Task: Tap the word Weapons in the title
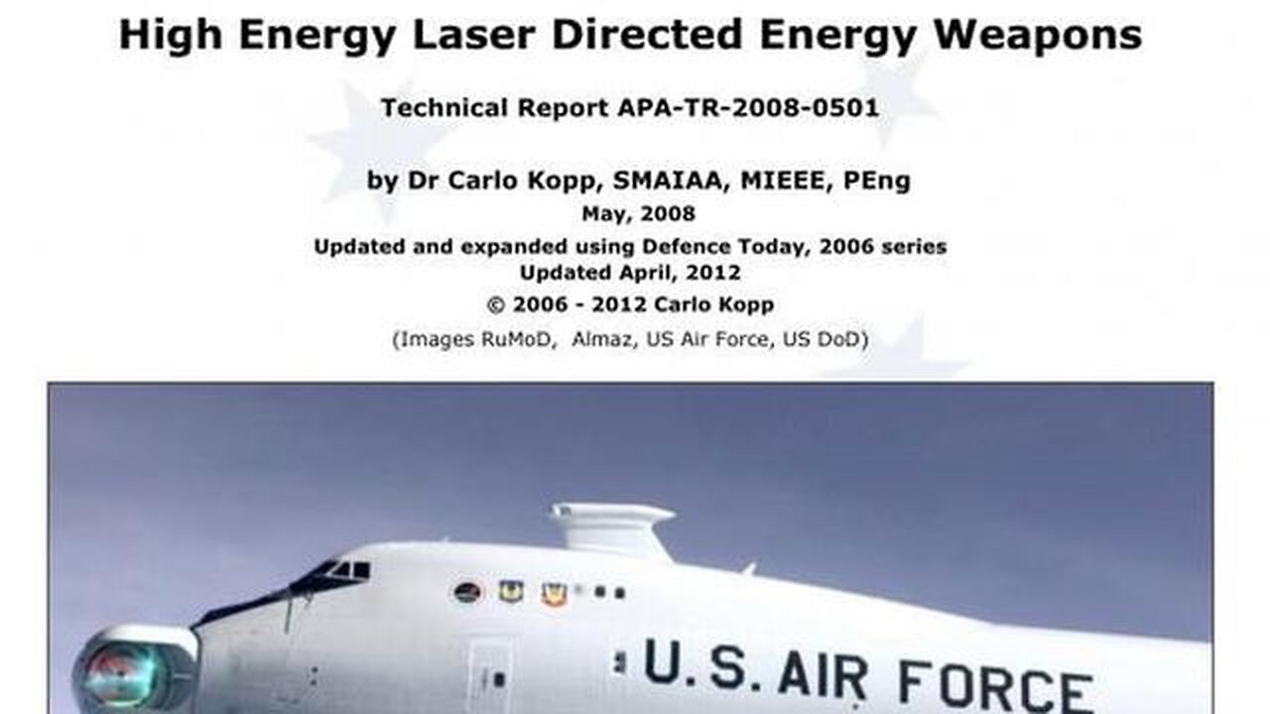(x=1038, y=34)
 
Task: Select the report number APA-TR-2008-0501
(x=748, y=108)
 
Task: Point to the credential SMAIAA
(x=671, y=180)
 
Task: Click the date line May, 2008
(x=638, y=213)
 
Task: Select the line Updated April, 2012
(x=630, y=273)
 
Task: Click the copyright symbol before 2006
(x=495, y=304)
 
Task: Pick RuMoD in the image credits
(x=517, y=339)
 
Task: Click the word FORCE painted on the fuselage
(x=995, y=691)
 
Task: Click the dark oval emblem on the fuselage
(x=467, y=593)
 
